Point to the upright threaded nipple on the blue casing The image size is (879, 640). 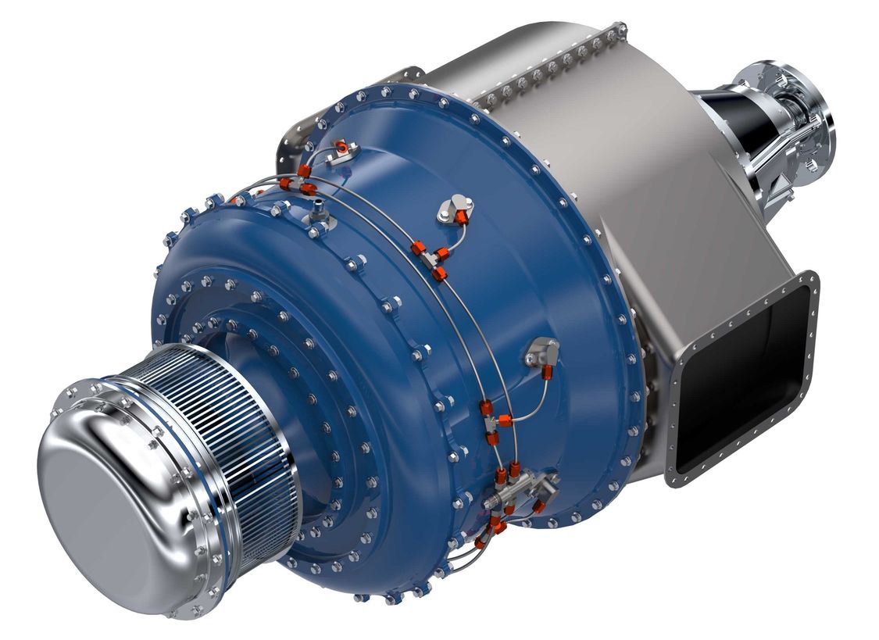319,209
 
